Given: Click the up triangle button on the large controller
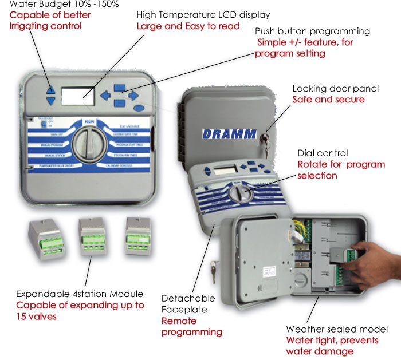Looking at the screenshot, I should [x=51, y=90].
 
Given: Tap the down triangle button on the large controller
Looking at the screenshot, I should [x=51, y=101].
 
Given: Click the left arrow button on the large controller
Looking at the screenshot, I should [x=105, y=96].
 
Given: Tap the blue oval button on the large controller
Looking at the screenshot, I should [x=137, y=107].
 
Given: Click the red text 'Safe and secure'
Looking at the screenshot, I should [x=328, y=99].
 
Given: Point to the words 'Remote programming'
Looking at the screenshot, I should [x=191, y=327].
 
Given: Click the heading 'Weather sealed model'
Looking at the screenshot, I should [x=337, y=329].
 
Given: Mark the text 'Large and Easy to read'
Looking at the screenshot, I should [x=188, y=26].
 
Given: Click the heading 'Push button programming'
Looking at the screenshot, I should [x=312, y=31].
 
